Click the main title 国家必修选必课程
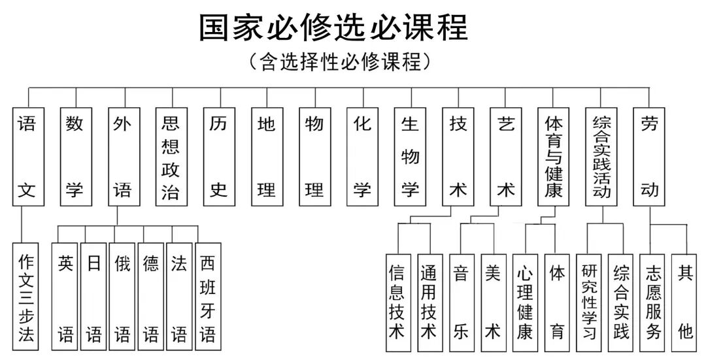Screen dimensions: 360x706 (x=333, y=27)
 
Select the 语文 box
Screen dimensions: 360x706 (x=27, y=157)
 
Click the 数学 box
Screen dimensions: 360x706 (x=75, y=157)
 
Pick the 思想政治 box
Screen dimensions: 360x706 (x=171, y=157)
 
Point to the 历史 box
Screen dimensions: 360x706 (x=218, y=157)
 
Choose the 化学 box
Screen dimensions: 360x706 (x=362, y=157)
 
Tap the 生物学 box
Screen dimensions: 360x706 (x=410, y=157)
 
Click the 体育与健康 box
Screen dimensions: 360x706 (x=554, y=157)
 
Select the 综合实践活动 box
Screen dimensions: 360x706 (x=601, y=157)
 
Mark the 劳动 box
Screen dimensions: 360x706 (x=649, y=157)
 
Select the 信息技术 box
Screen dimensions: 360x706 (x=397, y=302)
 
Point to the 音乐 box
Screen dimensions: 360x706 (x=462, y=302)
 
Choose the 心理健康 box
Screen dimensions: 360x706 (x=525, y=302)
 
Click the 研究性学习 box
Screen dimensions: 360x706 (x=589, y=302)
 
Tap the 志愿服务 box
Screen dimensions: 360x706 (x=653, y=302)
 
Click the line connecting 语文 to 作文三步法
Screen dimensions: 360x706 (x=22, y=223)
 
